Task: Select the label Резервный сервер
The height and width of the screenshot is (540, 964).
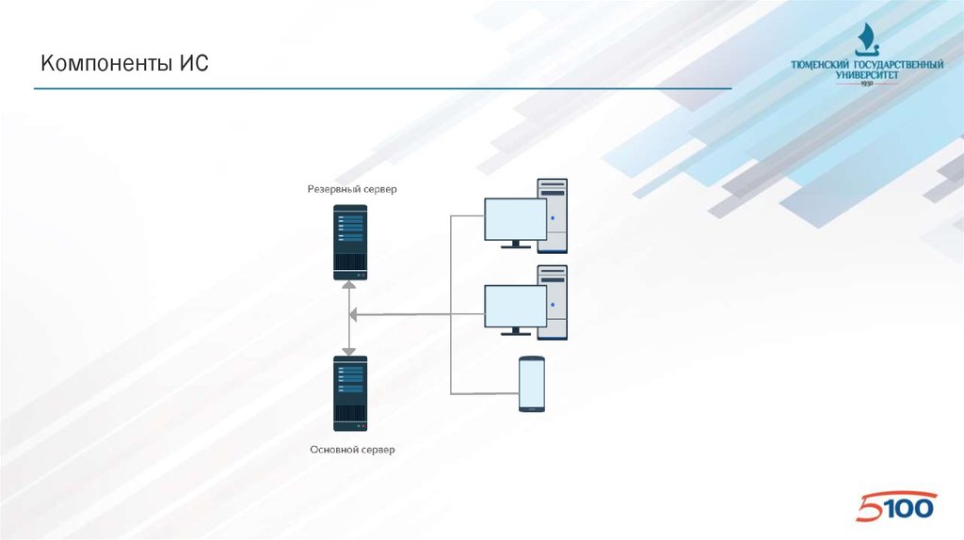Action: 352,189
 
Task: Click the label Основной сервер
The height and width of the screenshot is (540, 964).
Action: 352,450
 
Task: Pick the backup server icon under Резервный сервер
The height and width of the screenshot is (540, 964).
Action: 350,242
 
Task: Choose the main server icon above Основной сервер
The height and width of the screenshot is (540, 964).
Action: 350,392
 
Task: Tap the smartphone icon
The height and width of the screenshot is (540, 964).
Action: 532,383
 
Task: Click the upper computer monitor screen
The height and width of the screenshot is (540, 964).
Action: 515,219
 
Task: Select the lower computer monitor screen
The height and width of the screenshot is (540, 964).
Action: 515,306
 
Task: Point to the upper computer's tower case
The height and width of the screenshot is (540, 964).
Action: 554,215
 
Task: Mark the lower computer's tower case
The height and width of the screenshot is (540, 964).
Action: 554,302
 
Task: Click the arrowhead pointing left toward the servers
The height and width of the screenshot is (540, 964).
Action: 358,315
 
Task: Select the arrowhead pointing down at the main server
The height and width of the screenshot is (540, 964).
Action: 350,348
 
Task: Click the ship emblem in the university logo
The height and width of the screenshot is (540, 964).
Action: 866,40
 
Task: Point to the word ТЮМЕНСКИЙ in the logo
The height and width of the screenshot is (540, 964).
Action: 820,65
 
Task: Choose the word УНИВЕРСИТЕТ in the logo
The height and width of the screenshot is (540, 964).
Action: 868,75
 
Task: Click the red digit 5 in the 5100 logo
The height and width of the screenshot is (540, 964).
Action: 869,509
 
